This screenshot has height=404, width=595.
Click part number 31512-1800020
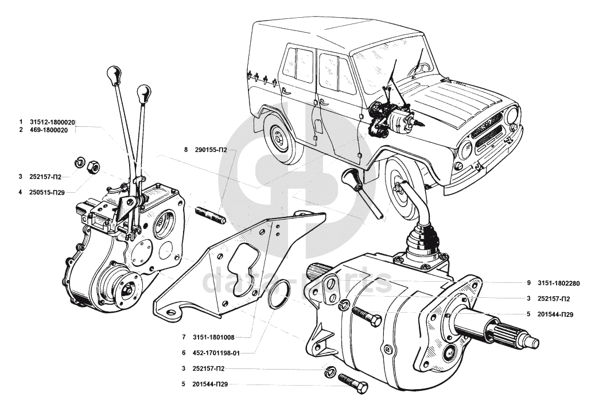point(53,122)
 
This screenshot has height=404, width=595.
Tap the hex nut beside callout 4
point(92,168)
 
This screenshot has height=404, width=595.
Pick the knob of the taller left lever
point(114,74)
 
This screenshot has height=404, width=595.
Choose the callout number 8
point(186,150)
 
